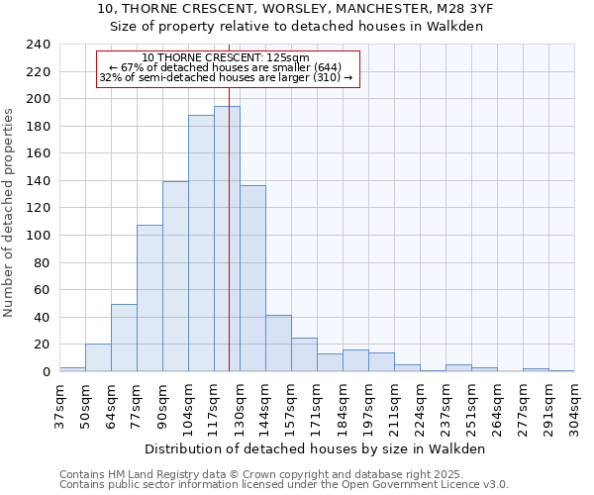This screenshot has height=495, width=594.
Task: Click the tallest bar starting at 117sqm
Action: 227,239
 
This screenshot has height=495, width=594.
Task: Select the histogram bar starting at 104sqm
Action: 201,243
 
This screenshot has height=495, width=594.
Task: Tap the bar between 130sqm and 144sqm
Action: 252,278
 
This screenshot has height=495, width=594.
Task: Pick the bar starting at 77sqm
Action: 149,298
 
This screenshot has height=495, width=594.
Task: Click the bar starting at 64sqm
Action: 124,338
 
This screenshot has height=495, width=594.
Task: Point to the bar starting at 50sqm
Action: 98,357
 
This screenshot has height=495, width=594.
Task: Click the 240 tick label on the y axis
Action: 38,45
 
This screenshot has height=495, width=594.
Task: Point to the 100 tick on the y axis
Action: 38,236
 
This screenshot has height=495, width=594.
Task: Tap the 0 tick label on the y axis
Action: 46,372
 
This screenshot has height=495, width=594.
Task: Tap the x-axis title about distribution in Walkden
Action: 323,448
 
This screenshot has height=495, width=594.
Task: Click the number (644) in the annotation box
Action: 325,67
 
